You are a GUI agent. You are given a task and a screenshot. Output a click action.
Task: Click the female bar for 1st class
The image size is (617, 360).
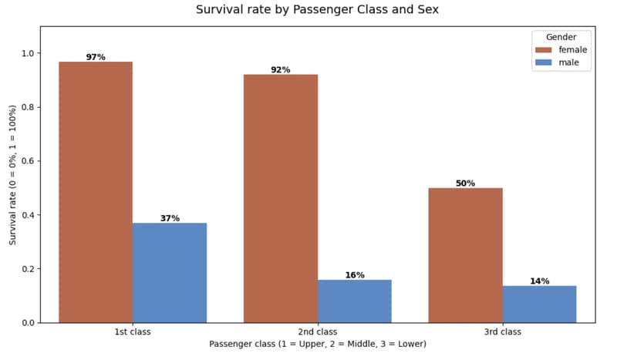point(96,192)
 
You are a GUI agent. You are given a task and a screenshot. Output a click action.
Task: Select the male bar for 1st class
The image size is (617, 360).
point(170,273)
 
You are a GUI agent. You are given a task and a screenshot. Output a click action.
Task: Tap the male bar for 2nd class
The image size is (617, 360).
point(355,301)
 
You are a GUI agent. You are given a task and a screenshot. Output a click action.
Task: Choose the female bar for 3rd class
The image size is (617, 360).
point(466,255)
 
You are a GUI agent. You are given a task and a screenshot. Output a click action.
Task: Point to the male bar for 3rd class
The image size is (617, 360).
point(539,304)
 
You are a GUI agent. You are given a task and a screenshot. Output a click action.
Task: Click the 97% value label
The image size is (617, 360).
point(96,57)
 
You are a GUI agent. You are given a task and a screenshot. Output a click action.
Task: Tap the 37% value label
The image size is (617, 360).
point(170,218)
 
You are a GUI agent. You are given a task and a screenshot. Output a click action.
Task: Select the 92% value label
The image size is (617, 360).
point(281,70)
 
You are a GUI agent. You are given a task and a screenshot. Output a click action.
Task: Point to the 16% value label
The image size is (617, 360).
point(355,275)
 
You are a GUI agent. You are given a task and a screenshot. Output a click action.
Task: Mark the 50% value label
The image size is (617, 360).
point(466,183)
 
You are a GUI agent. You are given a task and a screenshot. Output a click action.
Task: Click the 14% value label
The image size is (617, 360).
point(539,281)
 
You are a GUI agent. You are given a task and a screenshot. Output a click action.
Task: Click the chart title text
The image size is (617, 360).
point(317,10)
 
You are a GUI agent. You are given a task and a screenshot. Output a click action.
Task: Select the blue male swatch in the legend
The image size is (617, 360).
point(544,62)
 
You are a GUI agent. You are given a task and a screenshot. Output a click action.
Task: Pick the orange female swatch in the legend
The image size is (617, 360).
point(544,50)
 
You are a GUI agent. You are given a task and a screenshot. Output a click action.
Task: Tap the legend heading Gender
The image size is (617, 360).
point(561,37)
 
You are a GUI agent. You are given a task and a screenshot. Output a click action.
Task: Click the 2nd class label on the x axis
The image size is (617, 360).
point(318,331)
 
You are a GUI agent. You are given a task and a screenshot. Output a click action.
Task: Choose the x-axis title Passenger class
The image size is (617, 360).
point(318,344)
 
